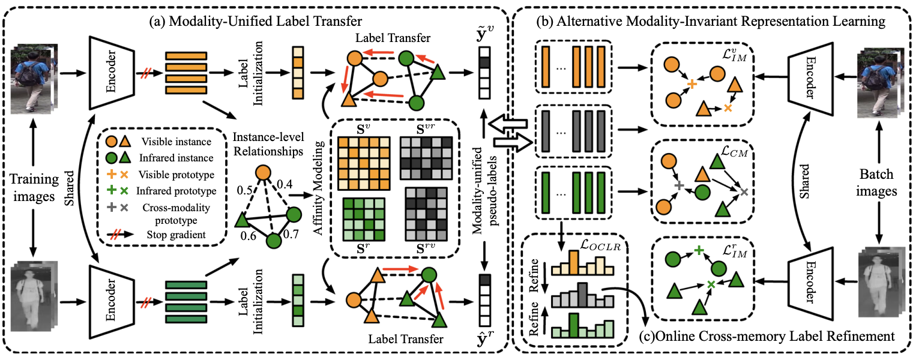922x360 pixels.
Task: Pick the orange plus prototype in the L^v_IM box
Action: [692, 85]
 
